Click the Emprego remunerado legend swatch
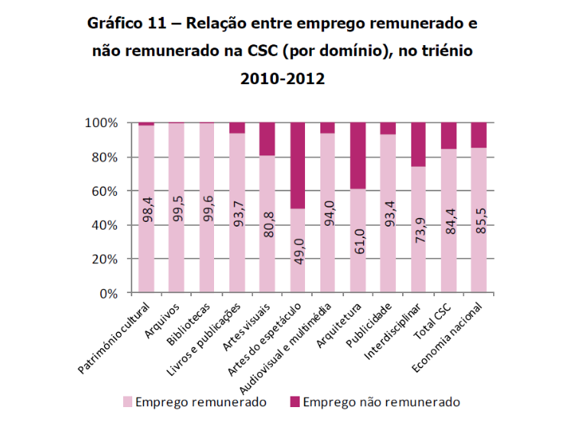(128, 402)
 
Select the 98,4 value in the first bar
(146, 208)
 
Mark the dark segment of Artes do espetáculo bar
(297, 165)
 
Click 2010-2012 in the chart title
(282, 78)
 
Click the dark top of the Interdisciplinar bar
(418, 145)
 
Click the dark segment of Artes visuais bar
(267, 139)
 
